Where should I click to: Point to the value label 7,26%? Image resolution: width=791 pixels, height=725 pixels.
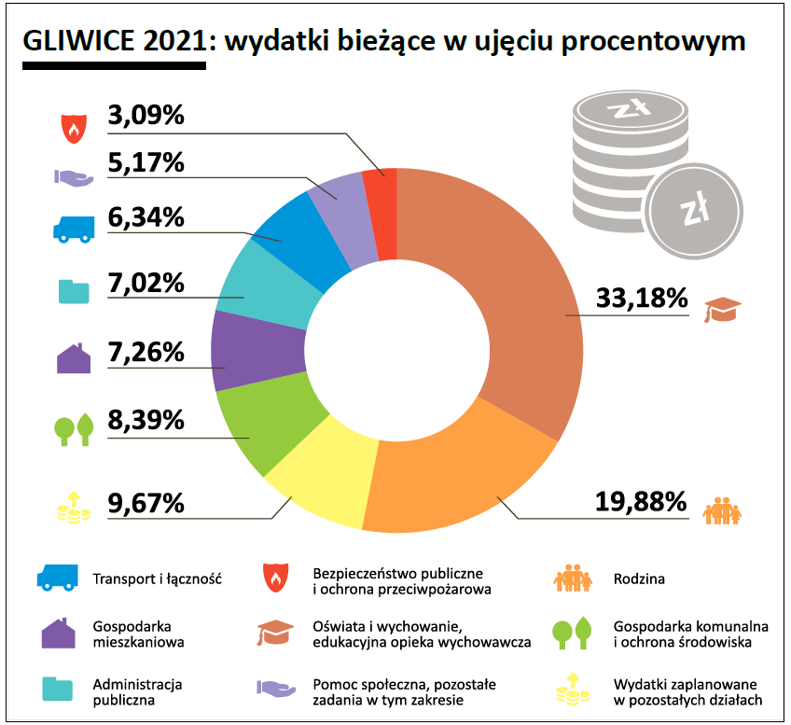(146, 354)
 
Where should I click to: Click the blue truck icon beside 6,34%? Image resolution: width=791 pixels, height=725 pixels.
(72, 230)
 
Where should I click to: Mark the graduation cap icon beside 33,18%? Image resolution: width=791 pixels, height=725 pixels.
(721, 308)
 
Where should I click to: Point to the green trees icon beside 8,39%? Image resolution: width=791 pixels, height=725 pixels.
(73, 429)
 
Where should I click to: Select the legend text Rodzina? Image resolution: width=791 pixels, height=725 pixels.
(640, 579)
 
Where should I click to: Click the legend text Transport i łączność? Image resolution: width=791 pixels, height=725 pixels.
(157, 579)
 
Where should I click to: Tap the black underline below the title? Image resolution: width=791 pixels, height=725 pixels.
(113, 66)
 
